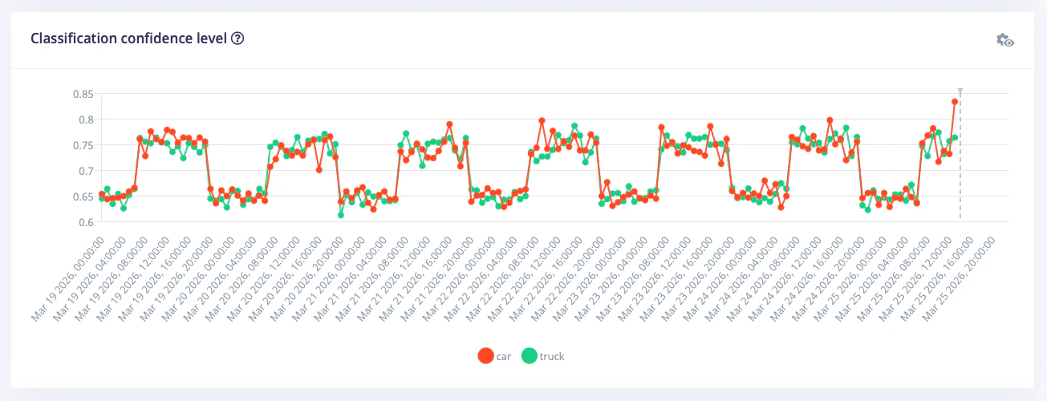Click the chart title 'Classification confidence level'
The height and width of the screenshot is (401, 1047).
(128, 38)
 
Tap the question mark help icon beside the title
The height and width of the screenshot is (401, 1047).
(237, 38)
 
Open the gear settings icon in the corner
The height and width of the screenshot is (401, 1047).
(1004, 40)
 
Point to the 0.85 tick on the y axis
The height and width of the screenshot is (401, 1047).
(83, 94)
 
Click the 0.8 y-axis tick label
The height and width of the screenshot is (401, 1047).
(86, 119)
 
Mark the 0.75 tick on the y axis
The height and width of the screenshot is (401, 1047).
(83, 145)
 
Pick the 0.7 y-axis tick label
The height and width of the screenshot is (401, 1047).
(86, 171)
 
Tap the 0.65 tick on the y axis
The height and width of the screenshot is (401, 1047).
(83, 196)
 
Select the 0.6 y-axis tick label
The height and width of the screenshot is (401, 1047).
(86, 222)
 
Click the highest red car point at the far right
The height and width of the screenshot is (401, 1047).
(955, 102)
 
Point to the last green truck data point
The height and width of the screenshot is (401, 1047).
(955, 138)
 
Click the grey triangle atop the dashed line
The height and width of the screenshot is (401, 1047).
(960, 92)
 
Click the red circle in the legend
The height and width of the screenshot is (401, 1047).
(485, 356)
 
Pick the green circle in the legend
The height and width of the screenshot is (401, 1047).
(530, 356)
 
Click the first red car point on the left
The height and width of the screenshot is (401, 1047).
(102, 194)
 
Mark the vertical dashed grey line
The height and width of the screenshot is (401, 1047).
(960, 160)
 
